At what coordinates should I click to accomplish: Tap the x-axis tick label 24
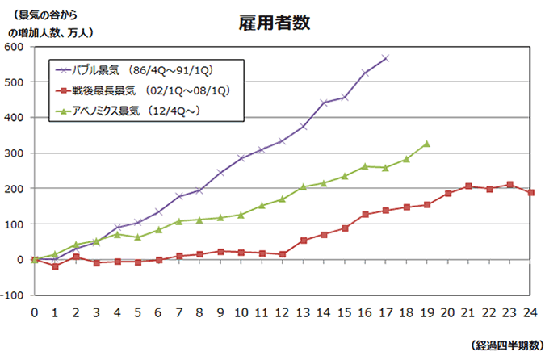530,312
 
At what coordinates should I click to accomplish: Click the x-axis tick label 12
282,312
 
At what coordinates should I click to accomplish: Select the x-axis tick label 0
34,312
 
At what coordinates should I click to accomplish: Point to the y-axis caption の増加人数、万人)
51,32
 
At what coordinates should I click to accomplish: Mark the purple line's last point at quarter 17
385,58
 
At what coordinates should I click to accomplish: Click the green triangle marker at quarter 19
426,144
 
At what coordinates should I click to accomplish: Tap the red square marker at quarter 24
530,193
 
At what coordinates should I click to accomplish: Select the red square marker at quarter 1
55,266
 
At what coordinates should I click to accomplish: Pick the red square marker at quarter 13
303,241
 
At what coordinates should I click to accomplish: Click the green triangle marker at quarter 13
303,187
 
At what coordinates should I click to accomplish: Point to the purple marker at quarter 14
324,103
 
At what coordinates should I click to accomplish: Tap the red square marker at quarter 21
468,186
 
